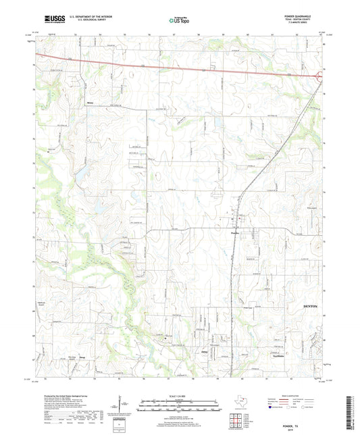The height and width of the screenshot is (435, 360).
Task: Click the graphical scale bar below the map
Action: tap(179, 407)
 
